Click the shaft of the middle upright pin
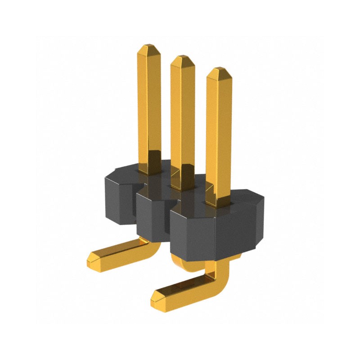point(183,117)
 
